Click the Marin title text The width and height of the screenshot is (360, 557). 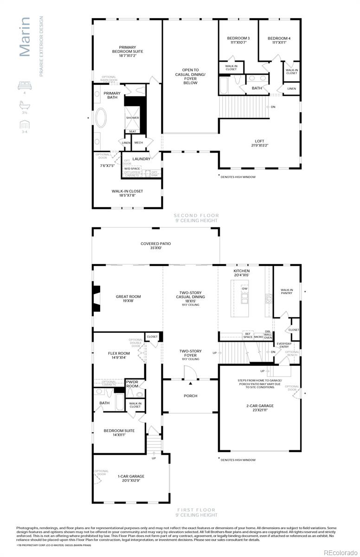tap(25, 37)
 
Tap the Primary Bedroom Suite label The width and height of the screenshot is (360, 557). tap(128, 51)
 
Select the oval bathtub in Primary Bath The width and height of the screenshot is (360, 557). tap(101, 118)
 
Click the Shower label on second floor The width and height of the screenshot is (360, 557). tap(133, 118)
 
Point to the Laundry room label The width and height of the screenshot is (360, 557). tap(141, 159)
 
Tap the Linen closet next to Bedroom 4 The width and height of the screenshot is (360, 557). tap(291, 88)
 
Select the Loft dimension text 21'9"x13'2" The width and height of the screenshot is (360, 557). tap(259, 145)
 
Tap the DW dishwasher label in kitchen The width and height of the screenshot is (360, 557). tap(244, 288)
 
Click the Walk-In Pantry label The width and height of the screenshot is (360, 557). tap(287, 291)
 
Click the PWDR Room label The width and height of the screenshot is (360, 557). tap(132, 384)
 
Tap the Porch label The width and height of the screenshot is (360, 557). tap(190, 396)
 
